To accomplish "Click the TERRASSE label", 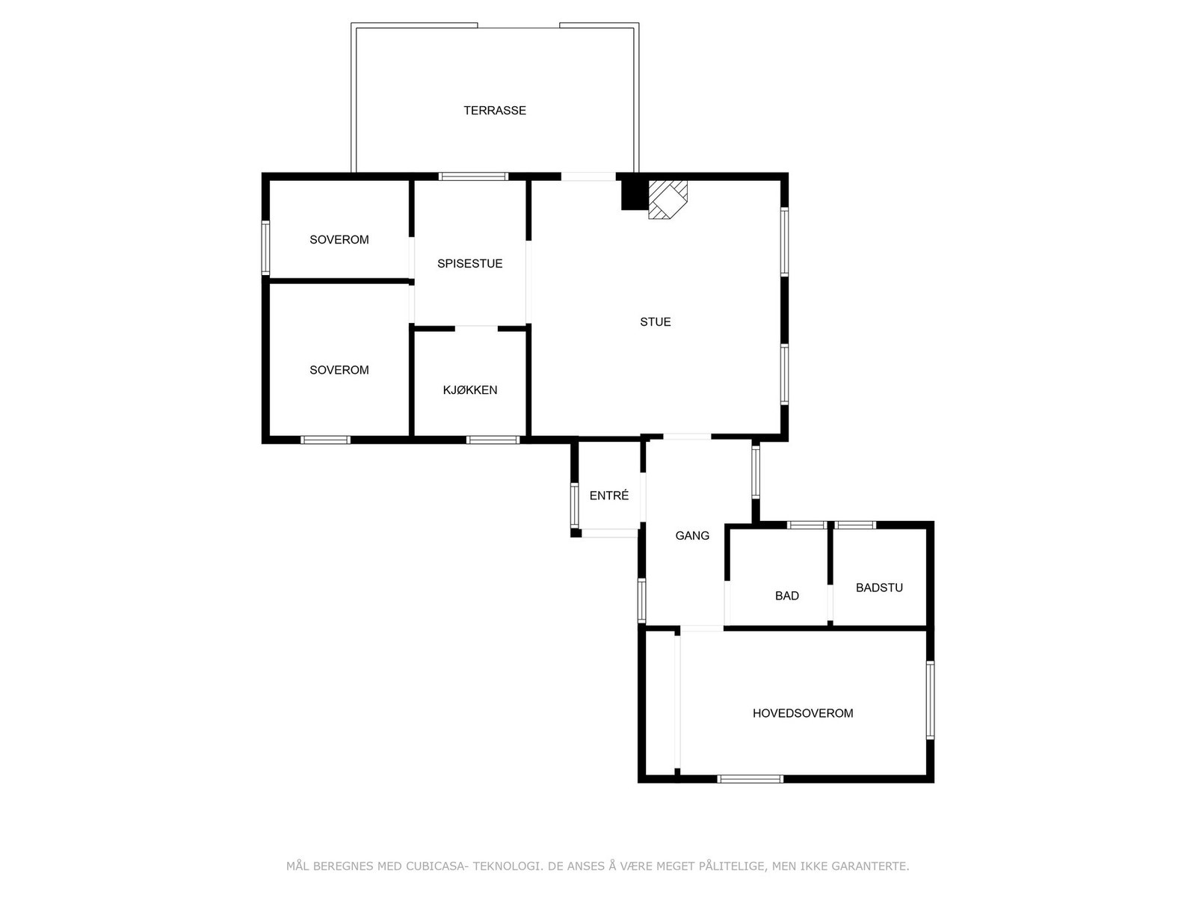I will [494, 111].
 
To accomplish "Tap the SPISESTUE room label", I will [469, 264].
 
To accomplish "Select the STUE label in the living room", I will [655, 322].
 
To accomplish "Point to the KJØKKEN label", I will [469, 390].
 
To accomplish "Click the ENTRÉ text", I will [608, 496].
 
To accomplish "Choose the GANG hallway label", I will [691, 536].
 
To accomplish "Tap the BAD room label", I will [786, 596].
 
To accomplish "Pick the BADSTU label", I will [878, 588].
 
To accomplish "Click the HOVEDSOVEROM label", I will [802, 713].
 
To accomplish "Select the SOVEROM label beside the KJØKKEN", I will [339, 370].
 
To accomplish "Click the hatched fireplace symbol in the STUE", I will [667, 199].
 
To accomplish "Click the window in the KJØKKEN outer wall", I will [493, 440].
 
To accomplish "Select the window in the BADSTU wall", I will [854, 525].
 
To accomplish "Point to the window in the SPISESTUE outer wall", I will [473, 177].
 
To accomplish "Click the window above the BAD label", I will [807, 525].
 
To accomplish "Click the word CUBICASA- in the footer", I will [437, 866].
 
